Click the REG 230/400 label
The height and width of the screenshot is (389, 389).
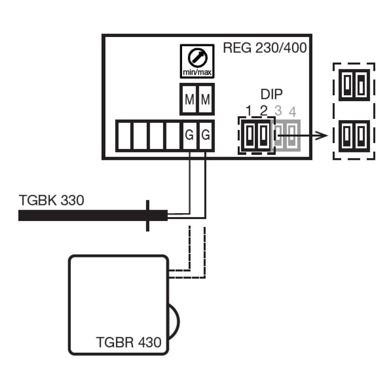coord(265,49)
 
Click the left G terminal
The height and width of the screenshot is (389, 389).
coord(189,135)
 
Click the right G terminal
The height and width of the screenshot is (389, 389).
coord(206,135)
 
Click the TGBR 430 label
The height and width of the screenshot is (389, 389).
coord(128,342)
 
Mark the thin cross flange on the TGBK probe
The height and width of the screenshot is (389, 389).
coord(147,216)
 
